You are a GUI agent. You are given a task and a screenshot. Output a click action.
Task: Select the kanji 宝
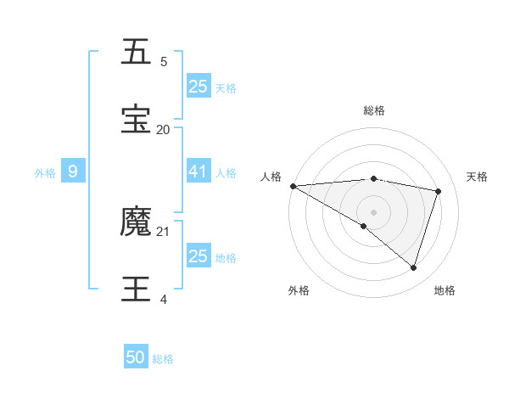click(x=137, y=120)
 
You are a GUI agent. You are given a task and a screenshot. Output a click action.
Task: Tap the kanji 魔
click(x=137, y=222)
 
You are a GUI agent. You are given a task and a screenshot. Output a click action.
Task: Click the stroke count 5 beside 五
click(x=164, y=62)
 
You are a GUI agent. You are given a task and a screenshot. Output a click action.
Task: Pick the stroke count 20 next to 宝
click(x=164, y=130)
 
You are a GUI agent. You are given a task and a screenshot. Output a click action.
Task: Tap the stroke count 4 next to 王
click(x=164, y=300)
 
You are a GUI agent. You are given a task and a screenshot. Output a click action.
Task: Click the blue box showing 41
click(x=198, y=171)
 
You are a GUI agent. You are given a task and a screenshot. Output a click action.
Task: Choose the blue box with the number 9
click(x=73, y=171)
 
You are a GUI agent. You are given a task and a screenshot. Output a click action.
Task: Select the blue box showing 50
click(x=136, y=358)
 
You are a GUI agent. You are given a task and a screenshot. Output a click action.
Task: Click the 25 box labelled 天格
click(x=198, y=87)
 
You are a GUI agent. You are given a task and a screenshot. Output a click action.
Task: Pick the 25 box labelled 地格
click(x=198, y=256)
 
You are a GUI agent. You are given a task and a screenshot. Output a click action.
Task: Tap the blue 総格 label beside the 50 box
click(x=163, y=359)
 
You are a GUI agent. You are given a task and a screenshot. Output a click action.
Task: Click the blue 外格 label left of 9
click(x=45, y=172)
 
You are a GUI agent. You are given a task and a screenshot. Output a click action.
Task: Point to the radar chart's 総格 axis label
click(x=373, y=110)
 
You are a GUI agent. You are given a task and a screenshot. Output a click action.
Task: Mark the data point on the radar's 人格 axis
click(x=293, y=186)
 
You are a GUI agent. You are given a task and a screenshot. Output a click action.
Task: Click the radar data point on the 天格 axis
click(x=439, y=191)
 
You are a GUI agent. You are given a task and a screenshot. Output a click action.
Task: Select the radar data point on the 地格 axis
click(x=413, y=267)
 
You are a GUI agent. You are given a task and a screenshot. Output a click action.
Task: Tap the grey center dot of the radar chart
click(x=373, y=212)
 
